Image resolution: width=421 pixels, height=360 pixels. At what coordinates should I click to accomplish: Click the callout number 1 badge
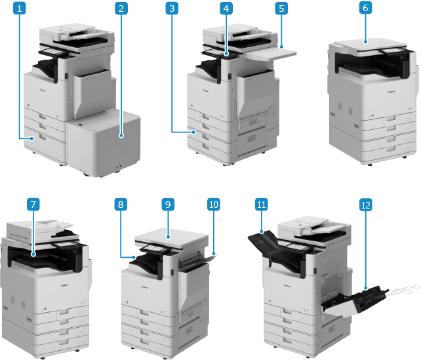click(21, 9)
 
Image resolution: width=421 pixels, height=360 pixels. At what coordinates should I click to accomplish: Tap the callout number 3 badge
click(171, 9)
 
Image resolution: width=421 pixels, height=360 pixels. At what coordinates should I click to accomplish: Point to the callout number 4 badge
click(226, 9)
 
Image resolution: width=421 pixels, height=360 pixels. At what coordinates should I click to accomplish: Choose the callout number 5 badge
click(281, 9)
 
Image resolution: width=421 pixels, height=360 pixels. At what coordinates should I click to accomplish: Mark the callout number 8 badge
click(119, 205)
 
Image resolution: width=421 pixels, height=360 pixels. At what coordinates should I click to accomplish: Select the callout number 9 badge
click(168, 205)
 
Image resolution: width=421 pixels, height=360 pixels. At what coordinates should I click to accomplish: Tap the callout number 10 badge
click(213, 205)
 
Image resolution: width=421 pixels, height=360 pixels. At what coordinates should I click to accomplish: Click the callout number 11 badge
click(261, 205)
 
